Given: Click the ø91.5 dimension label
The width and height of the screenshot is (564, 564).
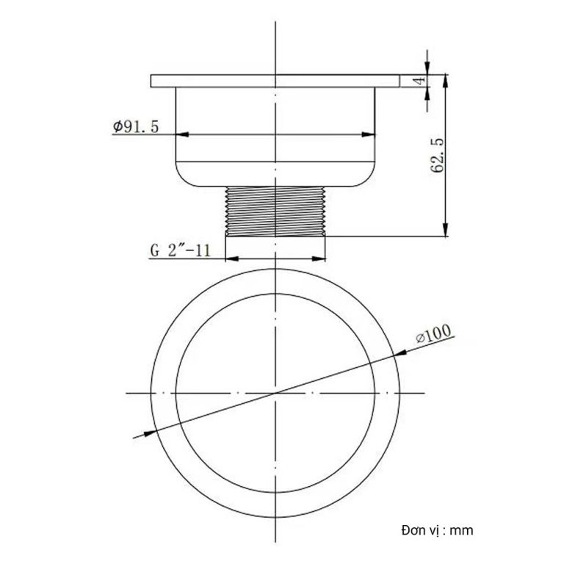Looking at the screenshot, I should coord(137,126).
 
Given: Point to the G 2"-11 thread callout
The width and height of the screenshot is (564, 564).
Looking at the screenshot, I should coord(181,250).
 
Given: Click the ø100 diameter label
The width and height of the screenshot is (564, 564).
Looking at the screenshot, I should coord(433,336).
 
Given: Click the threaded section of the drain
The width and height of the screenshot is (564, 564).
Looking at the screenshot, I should coord(275,210).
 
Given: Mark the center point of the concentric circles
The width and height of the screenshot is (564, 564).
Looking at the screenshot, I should coord(275,394).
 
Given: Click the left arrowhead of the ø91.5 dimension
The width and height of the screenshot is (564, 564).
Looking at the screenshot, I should coord(181,134).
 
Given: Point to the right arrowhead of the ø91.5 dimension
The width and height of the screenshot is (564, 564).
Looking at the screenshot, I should coord(369,134).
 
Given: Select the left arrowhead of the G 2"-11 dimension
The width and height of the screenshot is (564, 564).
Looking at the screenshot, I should coord(230,258).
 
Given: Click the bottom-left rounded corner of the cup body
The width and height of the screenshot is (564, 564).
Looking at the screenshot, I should coord(181,176).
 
